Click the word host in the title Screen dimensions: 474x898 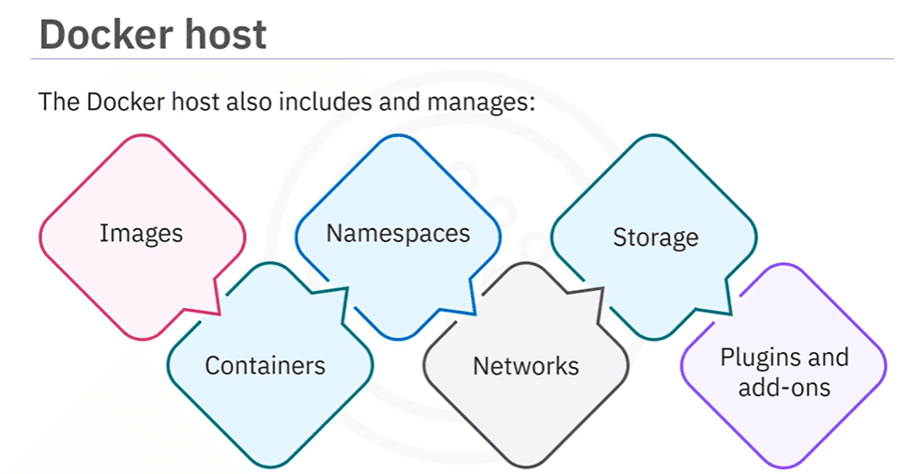pos(223,35)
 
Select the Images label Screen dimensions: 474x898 pos(141,232)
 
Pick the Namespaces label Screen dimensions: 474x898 pos(398,232)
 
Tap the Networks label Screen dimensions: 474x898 pos(525,365)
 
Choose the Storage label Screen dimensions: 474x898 pos(655,237)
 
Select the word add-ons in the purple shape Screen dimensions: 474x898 pos(784,386)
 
